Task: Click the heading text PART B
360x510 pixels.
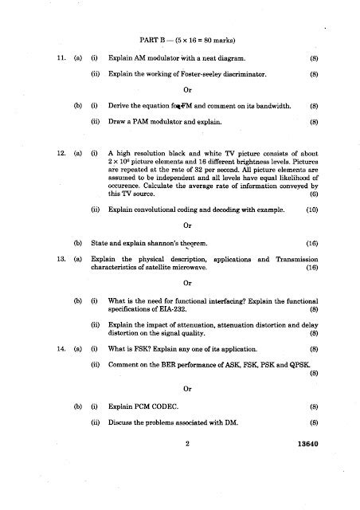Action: click(x=154, y=37)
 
